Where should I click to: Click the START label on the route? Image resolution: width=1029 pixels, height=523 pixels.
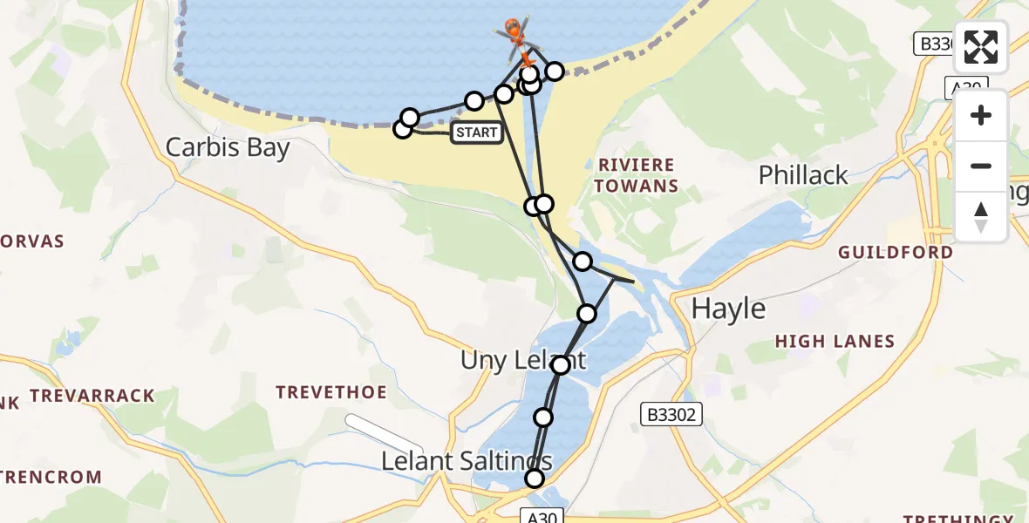click(477, 132)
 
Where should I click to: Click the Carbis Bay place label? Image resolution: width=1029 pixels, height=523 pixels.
click(228, 147)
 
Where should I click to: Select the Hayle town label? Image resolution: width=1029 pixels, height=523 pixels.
click(728, 309)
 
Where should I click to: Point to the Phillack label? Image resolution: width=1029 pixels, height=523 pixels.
click(803, 175)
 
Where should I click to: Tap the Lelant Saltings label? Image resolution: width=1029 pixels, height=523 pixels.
click(467, 461)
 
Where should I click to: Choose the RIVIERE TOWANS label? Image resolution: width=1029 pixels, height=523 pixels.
click(637, 175)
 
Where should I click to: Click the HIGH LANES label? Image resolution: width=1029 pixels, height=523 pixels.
click(835, 342)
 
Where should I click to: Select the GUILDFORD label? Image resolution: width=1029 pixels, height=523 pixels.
click(896, 253)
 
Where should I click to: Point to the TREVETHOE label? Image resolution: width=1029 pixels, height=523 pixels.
click(331, 393)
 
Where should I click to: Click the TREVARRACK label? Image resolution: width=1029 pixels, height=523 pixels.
click(92, 396)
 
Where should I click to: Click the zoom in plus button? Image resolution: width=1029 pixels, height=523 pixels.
click(981, 116)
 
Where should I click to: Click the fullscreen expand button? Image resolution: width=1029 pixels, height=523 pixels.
click(981, 48)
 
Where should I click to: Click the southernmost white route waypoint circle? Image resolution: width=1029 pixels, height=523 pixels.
click(534, 479)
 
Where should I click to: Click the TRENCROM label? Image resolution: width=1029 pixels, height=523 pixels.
click(52, 478)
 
